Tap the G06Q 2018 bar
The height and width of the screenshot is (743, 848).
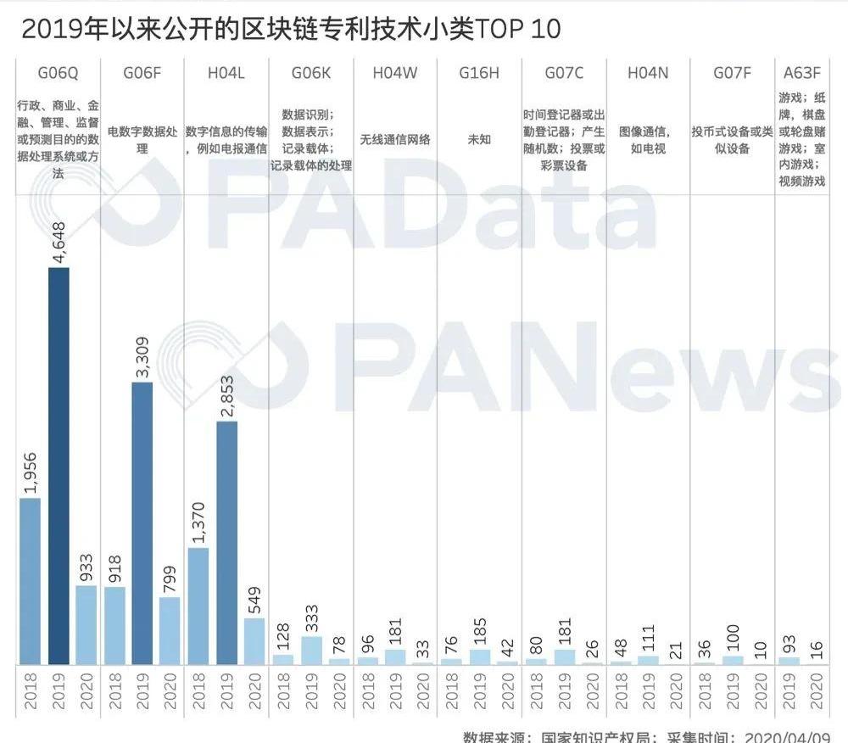tap(30, 580)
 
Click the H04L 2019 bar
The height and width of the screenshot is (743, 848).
tap(226, 542)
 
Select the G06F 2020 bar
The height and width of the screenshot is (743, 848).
tap(170, 629)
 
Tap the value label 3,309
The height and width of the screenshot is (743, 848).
tap(142, 357)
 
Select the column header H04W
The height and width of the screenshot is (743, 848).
tap(395, 73)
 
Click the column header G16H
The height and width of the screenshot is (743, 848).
tap(479, 73)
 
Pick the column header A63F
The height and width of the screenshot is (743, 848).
tap(802, 73)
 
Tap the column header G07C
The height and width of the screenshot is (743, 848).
tap(564, 73)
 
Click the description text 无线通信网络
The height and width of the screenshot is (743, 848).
tap(395, 139)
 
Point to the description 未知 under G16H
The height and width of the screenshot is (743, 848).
tap(479, 139)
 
